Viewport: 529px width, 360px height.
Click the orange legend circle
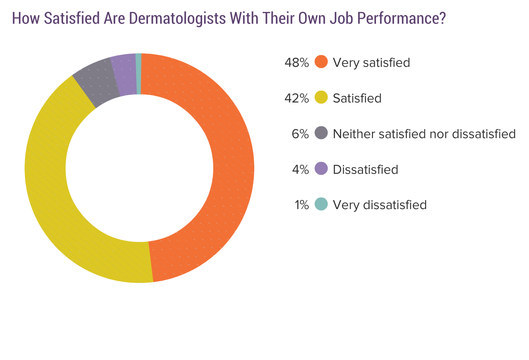pos(321,62)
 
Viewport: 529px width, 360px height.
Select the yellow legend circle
pos(321,98)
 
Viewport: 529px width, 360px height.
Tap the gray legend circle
pos(321,133)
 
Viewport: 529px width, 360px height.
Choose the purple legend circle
pos(321,169)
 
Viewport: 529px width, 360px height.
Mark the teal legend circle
pos(321,204)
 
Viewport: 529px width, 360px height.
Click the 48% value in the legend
pos(296,62)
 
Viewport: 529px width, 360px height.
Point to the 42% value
pos(296,98)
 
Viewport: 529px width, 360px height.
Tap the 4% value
pos(300,169)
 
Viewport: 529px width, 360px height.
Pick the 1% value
pos(301,204)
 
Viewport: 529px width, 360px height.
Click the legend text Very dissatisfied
pos(380,204)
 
